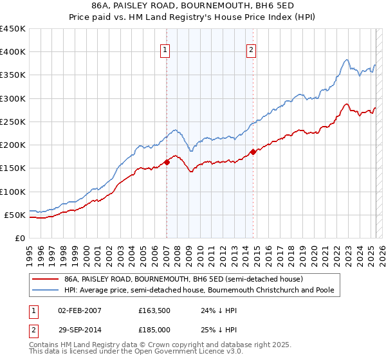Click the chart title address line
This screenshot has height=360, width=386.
click(193, 6)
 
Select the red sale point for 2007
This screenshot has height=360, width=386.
click(167, 162)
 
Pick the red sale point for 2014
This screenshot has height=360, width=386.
click(253, 152)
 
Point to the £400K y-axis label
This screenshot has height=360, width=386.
click(13, 52)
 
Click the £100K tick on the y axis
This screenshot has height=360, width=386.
click(13, 192)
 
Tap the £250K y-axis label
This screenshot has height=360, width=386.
click(13, 122)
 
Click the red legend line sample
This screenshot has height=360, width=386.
click(45, 280)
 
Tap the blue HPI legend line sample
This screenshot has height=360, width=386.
click(45, 291)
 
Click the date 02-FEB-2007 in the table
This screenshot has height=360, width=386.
click(80, 310)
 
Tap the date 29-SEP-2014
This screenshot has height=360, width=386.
click(80, 330)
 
